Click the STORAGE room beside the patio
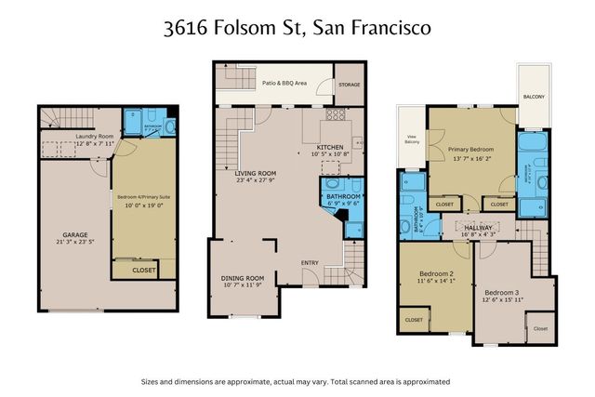point(349,84)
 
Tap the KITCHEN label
point(330,148)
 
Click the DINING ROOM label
point(242,279)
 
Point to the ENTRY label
point(311,262)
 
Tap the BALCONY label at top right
point(533,97)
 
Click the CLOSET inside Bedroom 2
point(414,319)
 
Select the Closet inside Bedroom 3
point(539,327)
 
